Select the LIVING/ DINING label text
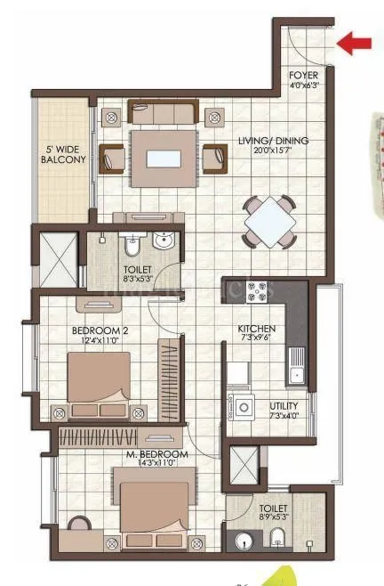coord(264,140)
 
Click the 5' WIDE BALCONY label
coord(63,154)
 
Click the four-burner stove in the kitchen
coord(259,291)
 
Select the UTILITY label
coord(284,406)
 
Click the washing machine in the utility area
coord(241,407)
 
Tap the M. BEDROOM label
coord(156,454)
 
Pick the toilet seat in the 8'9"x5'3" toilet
coord(277,537)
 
